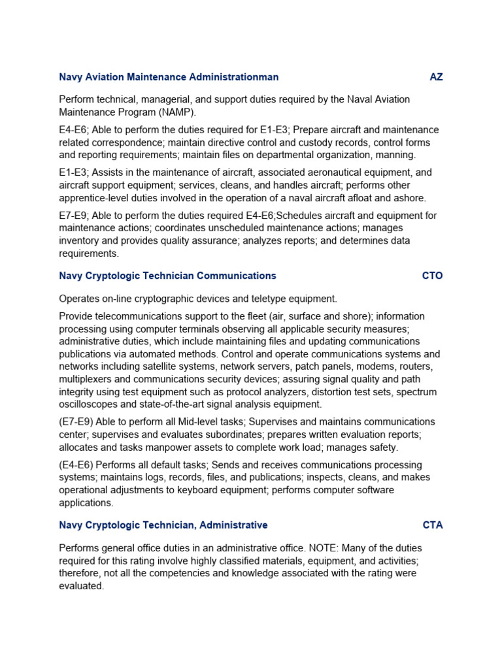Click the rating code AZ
[x=436, y=77]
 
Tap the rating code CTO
[x=432, y=276]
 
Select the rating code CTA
[x=433, y=525]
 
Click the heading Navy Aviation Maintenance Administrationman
[x=169, y=77]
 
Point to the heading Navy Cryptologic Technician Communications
[x=167, y=276]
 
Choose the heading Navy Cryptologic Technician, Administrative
[x=163, y=525]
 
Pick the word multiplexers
[x=85, y=379]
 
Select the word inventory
[x=80, y=241]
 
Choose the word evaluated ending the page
[x=81, y=586]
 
